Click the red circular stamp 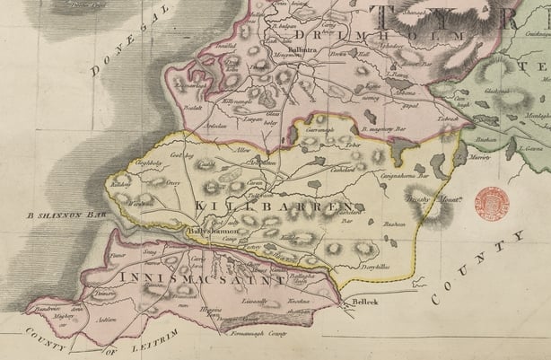(x=491, y=203)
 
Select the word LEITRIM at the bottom (x=156, y=335)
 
